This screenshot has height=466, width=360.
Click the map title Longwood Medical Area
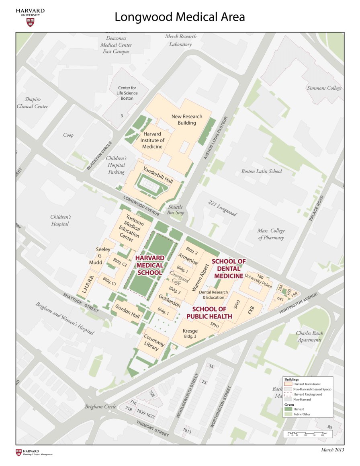click(180, 17)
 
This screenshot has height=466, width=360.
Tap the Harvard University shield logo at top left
click(30, 22)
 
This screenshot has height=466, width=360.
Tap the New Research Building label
click(187, 119)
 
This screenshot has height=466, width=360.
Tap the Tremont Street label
click(152, 429)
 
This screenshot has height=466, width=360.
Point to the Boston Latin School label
click(262, 171)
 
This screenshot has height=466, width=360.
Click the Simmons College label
click(324, 88)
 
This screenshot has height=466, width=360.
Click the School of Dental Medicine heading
click(229, 269)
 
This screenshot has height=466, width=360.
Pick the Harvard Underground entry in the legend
click(308, 394)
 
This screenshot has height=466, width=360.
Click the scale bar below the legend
click(306, 433)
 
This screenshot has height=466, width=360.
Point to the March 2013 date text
click(332, 450)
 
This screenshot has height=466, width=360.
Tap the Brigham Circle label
click(100, 406)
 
